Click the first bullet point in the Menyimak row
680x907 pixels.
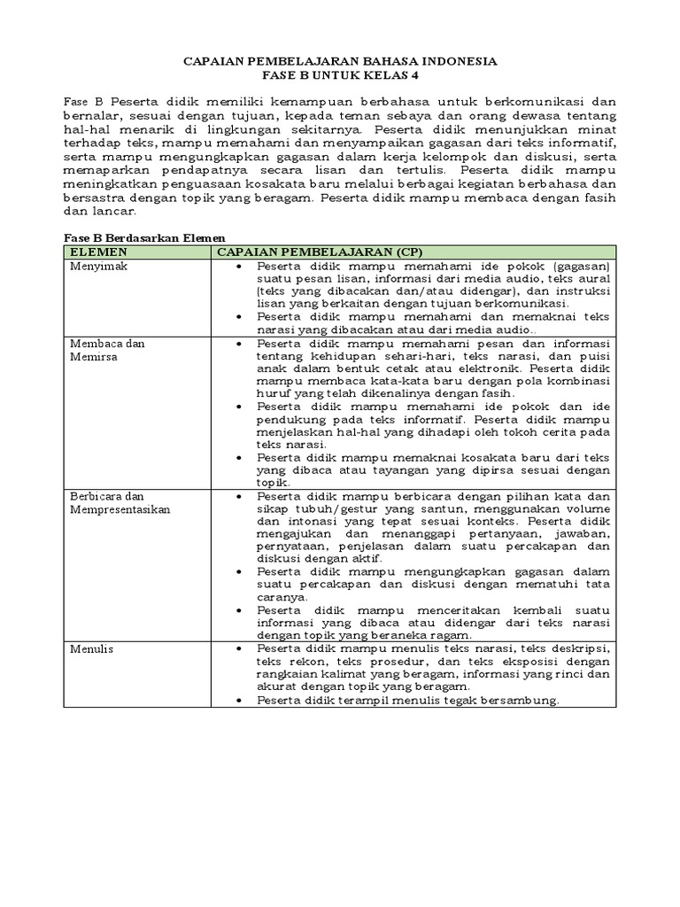coord(241,266)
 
